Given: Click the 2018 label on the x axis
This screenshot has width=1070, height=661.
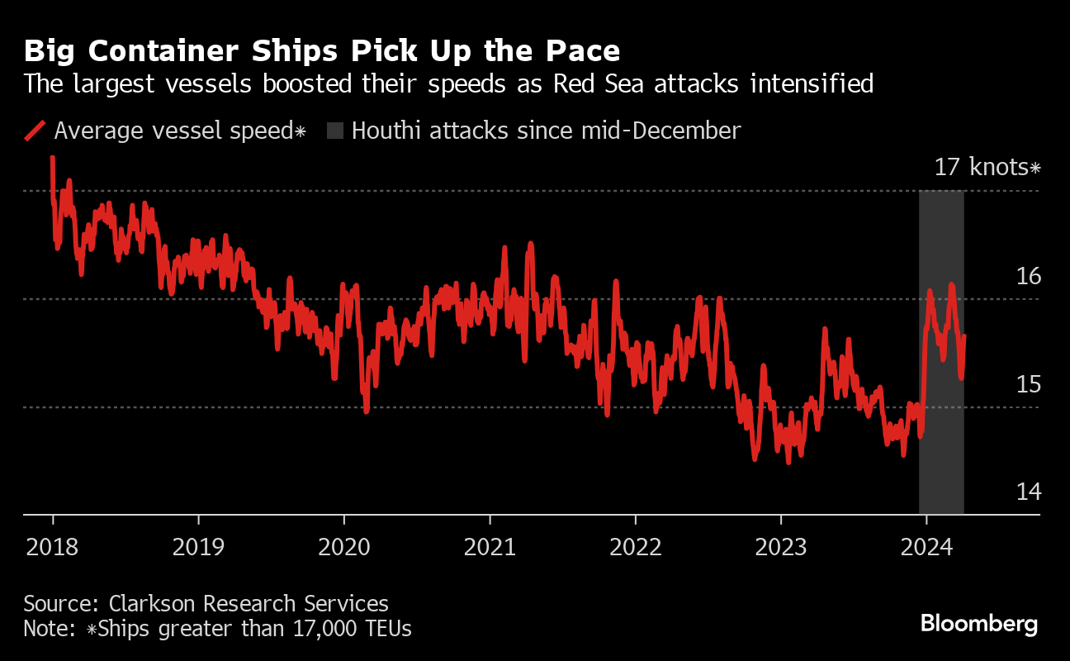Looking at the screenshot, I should (52, 546).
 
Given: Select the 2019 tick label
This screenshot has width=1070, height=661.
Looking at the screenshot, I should (198, 546).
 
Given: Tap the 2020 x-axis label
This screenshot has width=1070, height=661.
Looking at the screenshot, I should (343, 546).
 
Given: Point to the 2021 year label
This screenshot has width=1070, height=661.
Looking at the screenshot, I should (490, 546).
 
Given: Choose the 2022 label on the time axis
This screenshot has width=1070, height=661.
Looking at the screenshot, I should (635, 546).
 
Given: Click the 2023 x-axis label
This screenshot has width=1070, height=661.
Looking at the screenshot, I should (780, 546).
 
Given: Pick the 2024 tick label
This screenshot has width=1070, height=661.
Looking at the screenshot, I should (926, 546).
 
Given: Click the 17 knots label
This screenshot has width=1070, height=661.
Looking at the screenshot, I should (987, 168).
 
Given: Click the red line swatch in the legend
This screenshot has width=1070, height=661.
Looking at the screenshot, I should (35, 131).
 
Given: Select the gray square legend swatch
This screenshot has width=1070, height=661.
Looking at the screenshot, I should (334, 131).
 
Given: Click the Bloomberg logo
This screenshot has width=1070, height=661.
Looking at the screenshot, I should (979, 623).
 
